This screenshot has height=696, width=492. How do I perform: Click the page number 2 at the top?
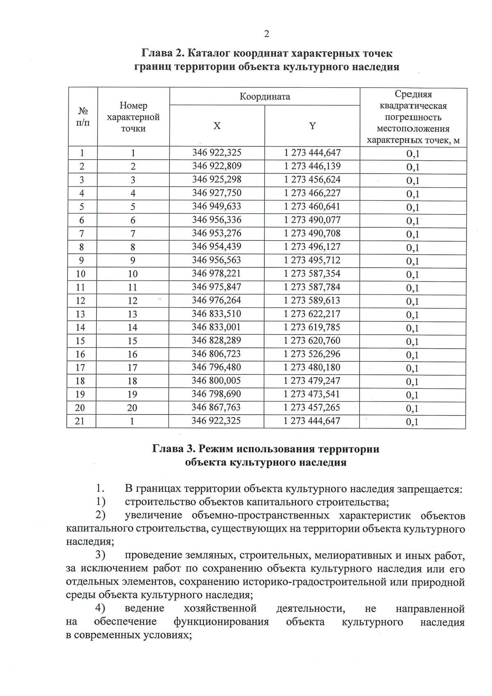(x=266, y=34)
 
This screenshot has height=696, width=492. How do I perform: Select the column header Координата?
(x=265, y=97)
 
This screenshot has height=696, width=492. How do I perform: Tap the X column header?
(x=217, y=126)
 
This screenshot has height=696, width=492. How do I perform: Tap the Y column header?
(x=312, y=126)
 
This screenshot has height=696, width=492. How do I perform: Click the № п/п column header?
(x=83, y=117)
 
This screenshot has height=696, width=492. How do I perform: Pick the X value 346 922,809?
(x=217, y=166)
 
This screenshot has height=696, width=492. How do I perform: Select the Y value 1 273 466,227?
(x=312, y=193)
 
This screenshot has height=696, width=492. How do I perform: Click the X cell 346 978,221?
(x=217, y=274)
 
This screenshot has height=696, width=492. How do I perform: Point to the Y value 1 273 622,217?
(x=312, y=314)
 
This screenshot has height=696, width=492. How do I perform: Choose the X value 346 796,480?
(x=216, y=367)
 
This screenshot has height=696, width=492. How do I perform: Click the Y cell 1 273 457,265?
(x=312, y=407)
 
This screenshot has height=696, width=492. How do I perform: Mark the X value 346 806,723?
(x=216, y=354)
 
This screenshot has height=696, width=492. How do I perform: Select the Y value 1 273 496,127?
(x=312, y=246)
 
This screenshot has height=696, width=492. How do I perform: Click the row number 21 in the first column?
(x=80, y=421)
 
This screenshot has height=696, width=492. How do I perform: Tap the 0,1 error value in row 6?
(x=412, y=221)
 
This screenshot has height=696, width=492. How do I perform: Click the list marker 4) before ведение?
(x=100, y=608)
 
